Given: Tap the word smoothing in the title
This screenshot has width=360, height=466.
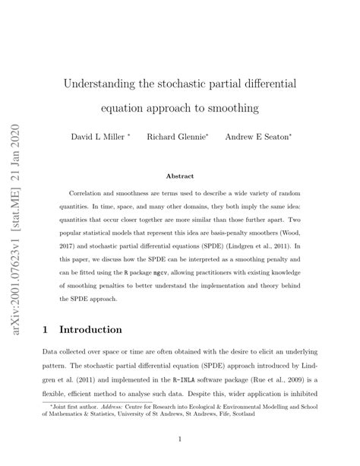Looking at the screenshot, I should (x=231, y=108).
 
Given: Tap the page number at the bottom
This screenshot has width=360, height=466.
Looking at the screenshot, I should (x=180, y=439).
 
